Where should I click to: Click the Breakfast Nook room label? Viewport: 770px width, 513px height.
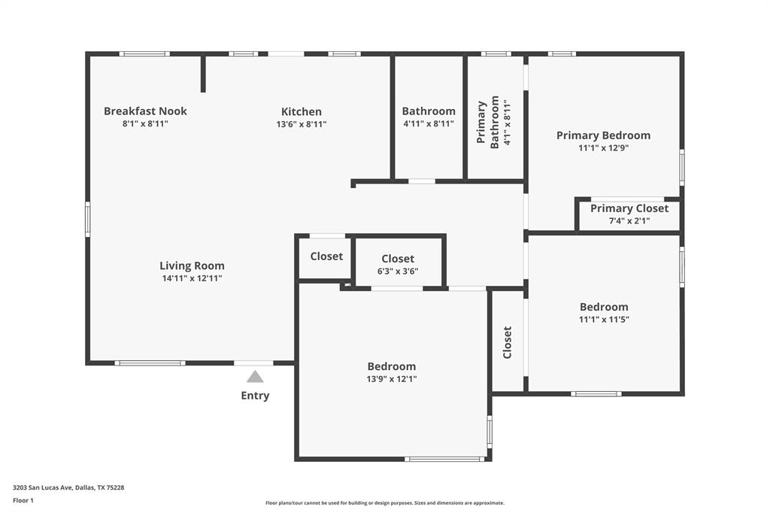pos(145,111)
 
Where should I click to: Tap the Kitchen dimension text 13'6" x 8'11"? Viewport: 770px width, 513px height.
pos(301,124)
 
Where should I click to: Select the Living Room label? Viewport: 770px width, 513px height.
pos(192,266)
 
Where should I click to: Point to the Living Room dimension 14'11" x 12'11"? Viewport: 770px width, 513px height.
pos(192,278)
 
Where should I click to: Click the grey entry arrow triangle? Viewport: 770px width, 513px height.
pos(255,377)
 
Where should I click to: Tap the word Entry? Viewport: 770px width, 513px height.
pos(255,396)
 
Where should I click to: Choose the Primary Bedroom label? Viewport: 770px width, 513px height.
pos(603,135)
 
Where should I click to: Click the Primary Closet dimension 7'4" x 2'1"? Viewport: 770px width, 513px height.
pos(629,221)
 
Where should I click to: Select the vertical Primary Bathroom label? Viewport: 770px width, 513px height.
pos(489,122)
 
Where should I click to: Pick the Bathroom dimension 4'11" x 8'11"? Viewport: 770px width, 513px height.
pos(428,124)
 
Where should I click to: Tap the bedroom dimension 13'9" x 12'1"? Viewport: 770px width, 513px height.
pos(391,379)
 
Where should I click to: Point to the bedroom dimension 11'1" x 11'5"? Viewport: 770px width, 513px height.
pos(604,319)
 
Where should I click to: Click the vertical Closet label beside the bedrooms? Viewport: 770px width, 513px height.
pos(508,341)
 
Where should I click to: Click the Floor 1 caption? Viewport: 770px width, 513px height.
pos(23,500)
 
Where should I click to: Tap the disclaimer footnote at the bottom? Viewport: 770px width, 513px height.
pos(384,503)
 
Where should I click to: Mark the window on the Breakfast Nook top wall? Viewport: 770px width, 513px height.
pos(144,53)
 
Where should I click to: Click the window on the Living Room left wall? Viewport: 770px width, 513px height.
pos(87,219)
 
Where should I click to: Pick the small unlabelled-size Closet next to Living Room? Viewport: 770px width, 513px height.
pos(326,256)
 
